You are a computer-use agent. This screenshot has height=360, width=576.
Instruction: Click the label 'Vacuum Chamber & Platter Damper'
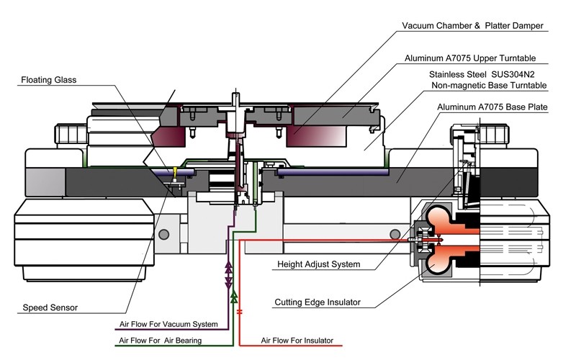click(472, 26)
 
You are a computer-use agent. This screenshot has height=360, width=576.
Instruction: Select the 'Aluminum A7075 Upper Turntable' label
click(470, 58)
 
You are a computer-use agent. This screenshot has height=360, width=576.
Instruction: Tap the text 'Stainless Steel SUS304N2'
click(482, 75)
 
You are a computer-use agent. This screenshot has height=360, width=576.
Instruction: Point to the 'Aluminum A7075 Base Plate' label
click(492, 107)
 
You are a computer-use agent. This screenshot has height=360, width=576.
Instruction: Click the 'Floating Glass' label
click(48, 80)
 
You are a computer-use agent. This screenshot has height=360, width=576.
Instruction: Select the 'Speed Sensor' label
click(50, 307)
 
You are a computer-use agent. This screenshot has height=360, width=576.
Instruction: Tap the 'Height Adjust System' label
click(318, 264)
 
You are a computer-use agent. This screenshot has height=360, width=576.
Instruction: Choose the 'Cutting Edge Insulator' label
click(318, 302)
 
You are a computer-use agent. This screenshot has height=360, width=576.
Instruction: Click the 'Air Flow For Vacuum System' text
click(168, 324)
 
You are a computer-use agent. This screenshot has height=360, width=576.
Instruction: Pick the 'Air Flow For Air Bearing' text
click(160, 341)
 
